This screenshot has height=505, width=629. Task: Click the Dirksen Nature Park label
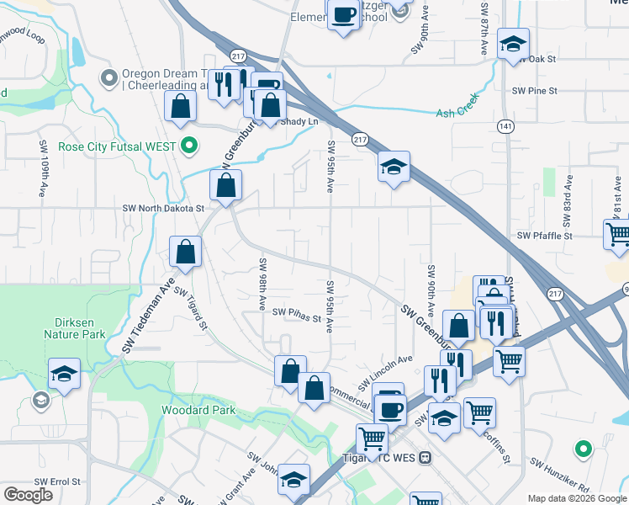coord(75,327)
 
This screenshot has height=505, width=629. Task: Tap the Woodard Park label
coord(199,410)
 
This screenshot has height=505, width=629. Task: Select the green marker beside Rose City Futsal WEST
coord(190,146)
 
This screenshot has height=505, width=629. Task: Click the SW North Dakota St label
coord(163,208)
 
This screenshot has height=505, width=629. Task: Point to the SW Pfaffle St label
coord(544,237)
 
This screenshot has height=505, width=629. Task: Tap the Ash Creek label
coord(457,113)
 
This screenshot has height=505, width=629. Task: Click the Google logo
coord(28,495)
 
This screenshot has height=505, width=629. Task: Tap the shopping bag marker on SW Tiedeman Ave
coord(185,251)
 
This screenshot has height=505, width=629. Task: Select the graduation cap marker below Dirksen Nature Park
coord(64,373)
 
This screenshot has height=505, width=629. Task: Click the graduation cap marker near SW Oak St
coord(513,43)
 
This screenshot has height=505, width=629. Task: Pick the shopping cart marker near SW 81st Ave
coord(618,233)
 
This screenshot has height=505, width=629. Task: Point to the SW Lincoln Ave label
coord(386,372)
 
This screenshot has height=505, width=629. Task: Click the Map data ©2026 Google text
coord(578,498)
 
